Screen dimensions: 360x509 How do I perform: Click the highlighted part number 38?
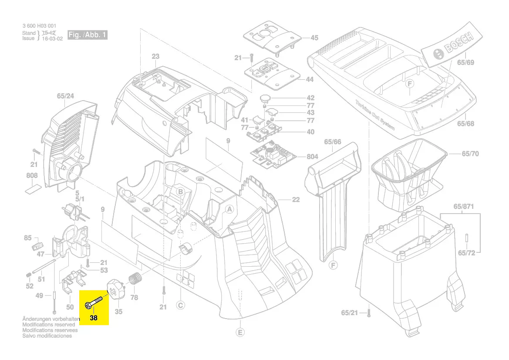[94, 318]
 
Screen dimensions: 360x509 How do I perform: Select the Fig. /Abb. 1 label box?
[87, 35]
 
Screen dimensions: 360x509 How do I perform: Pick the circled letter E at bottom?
[240, 333]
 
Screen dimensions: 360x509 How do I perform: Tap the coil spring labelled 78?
[136, 279]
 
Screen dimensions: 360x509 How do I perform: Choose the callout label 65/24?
[65, 96]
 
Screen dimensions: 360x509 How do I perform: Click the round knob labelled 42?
[266, 98]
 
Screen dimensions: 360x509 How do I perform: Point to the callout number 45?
[314, 38]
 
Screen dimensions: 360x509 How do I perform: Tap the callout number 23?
[155, 56]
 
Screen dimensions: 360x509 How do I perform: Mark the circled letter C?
[180, 306]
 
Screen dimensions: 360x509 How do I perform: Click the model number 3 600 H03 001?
[39, 26]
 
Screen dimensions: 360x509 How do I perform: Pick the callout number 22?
[296, 200]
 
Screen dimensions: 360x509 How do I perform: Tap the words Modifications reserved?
[48, 325]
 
